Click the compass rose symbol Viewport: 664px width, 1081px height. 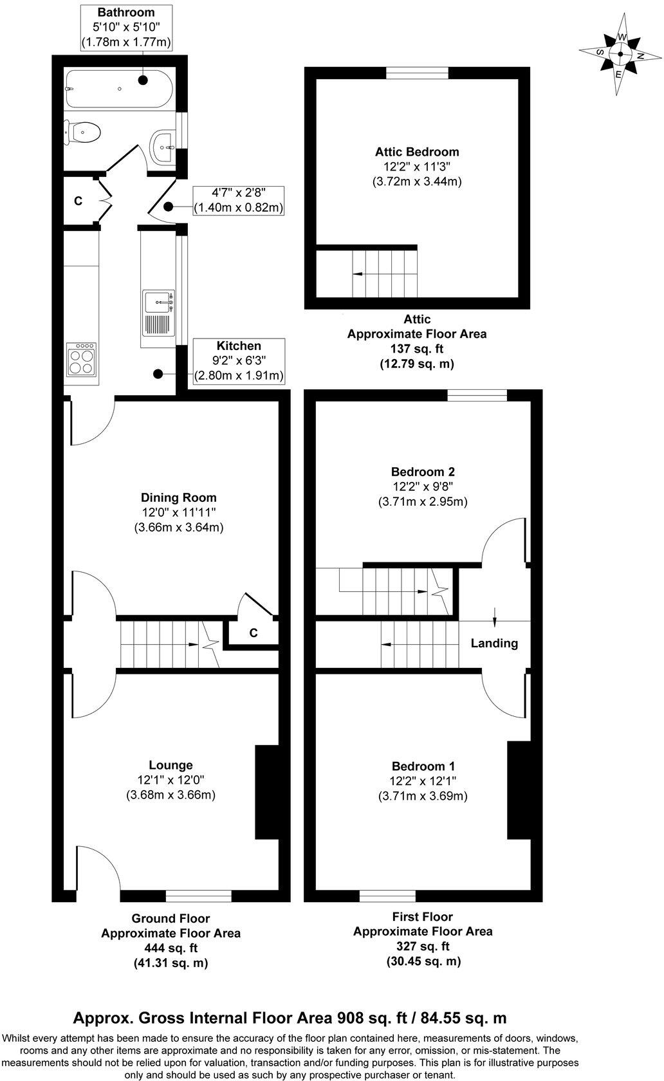pos(619,55)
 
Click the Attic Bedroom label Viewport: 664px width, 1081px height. pos(417,152)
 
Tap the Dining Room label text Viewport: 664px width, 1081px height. pos(178,497)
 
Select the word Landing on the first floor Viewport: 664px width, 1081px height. pos(494,643)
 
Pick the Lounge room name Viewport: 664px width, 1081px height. pos(171,765)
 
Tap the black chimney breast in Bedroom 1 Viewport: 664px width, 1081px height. pos(517,790)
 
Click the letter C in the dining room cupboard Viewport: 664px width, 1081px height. pos(254,633)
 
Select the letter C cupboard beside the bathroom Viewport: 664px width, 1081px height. pos(78,201)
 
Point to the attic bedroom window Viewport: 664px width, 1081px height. pos(417,74)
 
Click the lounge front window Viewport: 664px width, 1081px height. pos(198,896)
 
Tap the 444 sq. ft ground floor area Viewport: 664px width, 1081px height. pos(171,948)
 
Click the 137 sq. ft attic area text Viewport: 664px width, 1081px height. pos(416,349)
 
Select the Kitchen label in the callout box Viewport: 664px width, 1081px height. pos(239,346)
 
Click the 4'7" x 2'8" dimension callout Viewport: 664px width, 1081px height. pos(239,192)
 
